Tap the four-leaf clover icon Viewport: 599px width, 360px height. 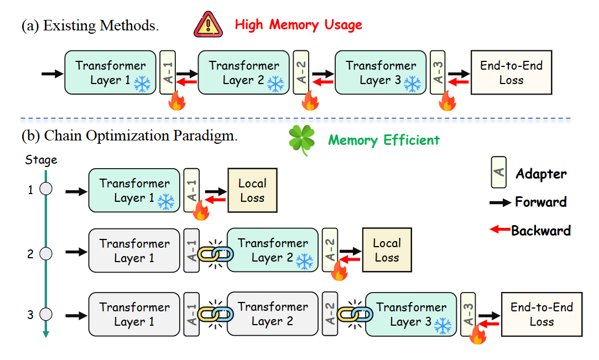click(302, 140)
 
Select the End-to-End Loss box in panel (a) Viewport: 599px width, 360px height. click(511, 72)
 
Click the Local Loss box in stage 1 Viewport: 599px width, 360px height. click(252, 190)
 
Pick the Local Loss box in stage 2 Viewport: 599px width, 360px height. click(387, 249)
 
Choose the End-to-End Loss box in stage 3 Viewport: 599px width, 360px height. click(541, 314)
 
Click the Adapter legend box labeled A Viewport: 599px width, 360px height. click(498, 172)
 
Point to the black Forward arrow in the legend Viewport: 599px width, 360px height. click(500, 202)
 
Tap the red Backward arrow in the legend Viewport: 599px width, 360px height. click(500, 229)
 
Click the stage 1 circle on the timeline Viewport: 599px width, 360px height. click(46, 189)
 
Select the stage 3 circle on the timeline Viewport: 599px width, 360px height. click(46, 314)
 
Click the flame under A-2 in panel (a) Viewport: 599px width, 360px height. click(310, 101)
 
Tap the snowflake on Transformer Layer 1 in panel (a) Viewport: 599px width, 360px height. click(142, 84)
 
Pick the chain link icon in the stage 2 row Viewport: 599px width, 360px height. click(215, 254)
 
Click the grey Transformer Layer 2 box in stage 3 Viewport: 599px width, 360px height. click(272, 314)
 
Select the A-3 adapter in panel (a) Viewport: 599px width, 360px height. click(437, 72)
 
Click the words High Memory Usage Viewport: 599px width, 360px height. click(298, 25)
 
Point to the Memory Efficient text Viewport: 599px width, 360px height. click(384, 140)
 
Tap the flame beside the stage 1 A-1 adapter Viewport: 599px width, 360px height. click(201, 211)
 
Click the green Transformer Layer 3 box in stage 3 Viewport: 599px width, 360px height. click(410, 314)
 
